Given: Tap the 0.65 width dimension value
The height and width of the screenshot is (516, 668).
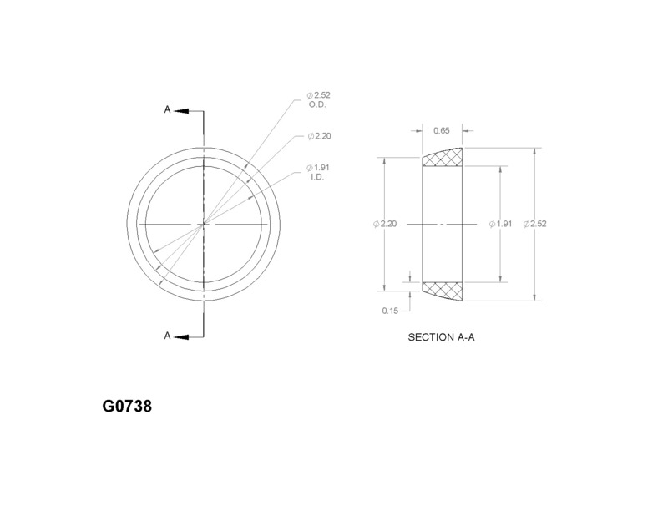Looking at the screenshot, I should (x=442, y=130).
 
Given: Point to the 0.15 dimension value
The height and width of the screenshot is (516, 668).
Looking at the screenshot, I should (x=389, y=311).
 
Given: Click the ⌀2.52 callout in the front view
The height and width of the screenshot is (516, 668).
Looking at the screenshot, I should (x=320, y=96).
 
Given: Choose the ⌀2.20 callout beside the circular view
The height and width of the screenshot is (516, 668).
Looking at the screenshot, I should (x=320, y=135).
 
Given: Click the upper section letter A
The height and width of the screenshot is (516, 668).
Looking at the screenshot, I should (x=167, y=110).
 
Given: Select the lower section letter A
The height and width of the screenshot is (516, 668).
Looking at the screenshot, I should (x=167, y=336).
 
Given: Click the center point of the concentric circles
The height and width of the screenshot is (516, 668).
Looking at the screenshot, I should (x=202, y=224).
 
